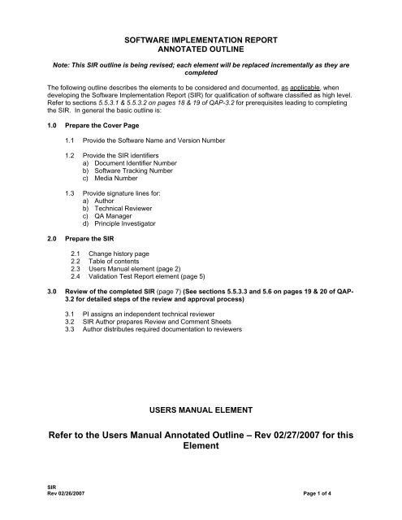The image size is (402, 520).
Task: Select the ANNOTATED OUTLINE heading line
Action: point(200,49)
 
